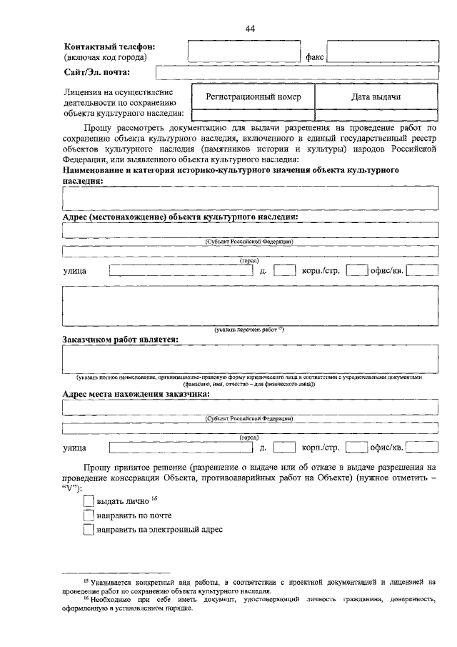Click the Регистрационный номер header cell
[x=253, y=97]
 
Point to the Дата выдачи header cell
[x=375, y=97]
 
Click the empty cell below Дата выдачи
[x=375, y=114]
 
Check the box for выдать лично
[x=89, y=501]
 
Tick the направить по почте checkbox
[x=89, y=515]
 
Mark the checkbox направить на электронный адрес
[x=89, y=530]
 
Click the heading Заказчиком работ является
[x=120, y=340]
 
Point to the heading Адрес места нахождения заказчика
[x=136, y=394]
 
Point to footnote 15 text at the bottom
[x=257, y=587]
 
